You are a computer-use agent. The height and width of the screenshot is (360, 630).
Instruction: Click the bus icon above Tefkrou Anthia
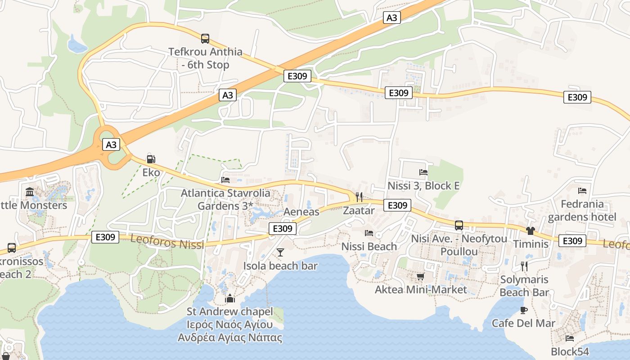[x=205, y=39]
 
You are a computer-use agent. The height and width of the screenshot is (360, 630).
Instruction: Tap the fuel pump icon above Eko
[x=151, y=159]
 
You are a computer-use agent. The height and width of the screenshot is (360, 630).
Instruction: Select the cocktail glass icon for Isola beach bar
[x=280, y=252]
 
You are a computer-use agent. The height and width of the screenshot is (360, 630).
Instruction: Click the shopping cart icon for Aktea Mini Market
[x=420, y=276]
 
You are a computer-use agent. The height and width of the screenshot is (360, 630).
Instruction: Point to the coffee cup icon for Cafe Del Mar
[x=523, y=310]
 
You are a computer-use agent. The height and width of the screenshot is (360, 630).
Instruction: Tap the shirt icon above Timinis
[x=531, y=231]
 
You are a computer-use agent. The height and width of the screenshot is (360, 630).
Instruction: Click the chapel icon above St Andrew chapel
[x=230, y=298]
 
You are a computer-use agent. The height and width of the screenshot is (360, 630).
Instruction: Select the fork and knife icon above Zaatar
[x=359, y=197]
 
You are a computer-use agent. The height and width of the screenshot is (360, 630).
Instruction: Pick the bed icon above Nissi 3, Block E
[x=423, y=172]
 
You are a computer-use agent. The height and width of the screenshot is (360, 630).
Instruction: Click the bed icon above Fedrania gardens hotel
[x=582, y=190]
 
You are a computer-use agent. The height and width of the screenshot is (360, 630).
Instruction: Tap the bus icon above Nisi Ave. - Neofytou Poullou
[x=459, y=225]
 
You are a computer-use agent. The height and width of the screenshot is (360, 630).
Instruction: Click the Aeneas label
[x=301, y=211]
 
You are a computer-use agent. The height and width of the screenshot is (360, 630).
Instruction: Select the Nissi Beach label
[x=369, y=246]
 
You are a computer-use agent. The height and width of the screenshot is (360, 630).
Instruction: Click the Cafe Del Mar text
[x=523, y=323]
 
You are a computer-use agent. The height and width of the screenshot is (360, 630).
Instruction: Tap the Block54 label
[x=569, y=351]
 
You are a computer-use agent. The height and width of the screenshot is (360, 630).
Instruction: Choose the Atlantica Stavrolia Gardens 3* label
[x=225, y=199]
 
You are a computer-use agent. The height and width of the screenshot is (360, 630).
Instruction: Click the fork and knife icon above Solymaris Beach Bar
[x=524, y=266]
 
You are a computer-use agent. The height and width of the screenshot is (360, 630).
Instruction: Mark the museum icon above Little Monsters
[x=30, y=192]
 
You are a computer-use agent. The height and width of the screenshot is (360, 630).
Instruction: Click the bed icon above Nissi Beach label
[x=369, y=233]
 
